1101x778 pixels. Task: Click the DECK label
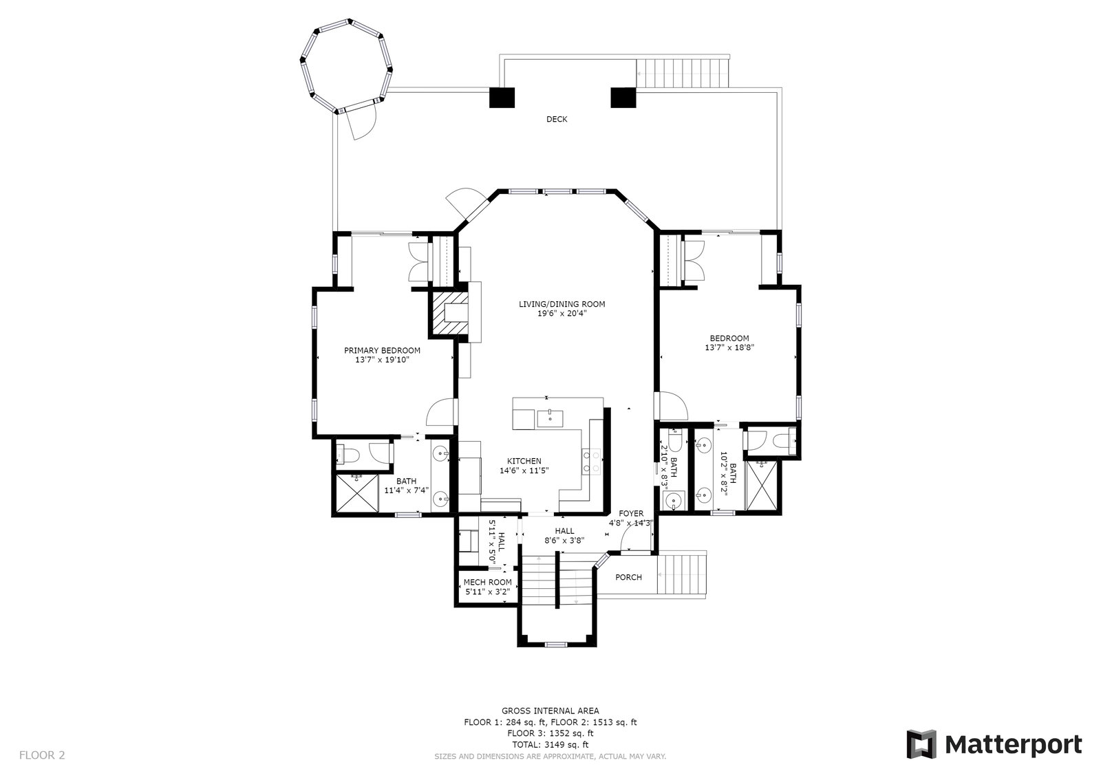tap(557, 119)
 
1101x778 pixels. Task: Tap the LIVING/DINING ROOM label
tap(562, 304)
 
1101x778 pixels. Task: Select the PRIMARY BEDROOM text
tap(382, 350)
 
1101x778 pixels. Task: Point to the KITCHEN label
tap(524, 461)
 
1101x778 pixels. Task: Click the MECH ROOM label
tap(488, 583)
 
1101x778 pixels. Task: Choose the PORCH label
tap(629, 577)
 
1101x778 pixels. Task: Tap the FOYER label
tap(631, 514)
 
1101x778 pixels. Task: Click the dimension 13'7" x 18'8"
tap(729, 347)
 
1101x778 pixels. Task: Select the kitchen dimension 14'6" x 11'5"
tap(524, 471)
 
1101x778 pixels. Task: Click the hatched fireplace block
tap(449, 314)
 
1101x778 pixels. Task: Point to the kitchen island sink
tap(550, 419)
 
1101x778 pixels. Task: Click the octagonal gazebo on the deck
tap(346, 66)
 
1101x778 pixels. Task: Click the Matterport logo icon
tap(921, 744)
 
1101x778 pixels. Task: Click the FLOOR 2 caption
tap(42, 755)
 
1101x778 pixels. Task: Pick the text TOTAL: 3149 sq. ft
tap(550, 744)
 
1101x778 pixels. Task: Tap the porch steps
tap(682, 574)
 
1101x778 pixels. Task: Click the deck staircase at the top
tap(682, 73)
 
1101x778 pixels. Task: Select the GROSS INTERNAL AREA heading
tap(550, 711)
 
